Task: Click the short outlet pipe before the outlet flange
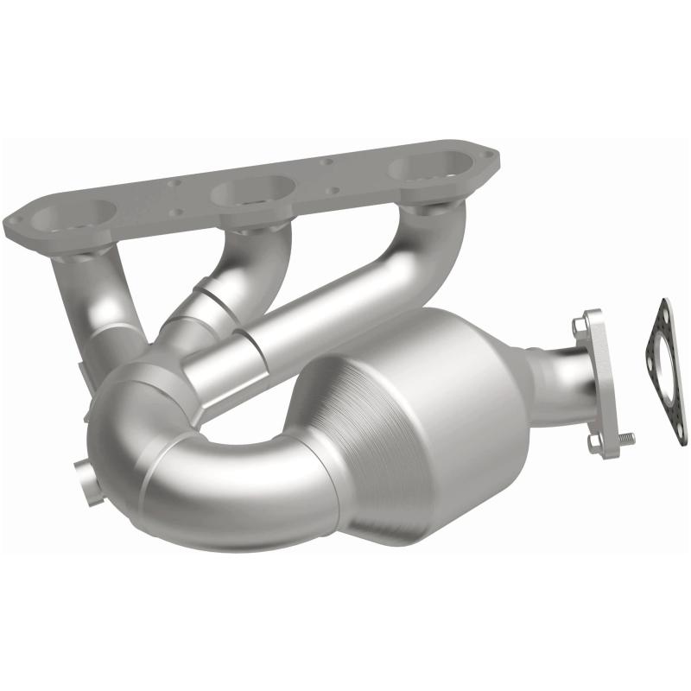coord(553,380)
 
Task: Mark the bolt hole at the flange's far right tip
coord(491,157)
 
